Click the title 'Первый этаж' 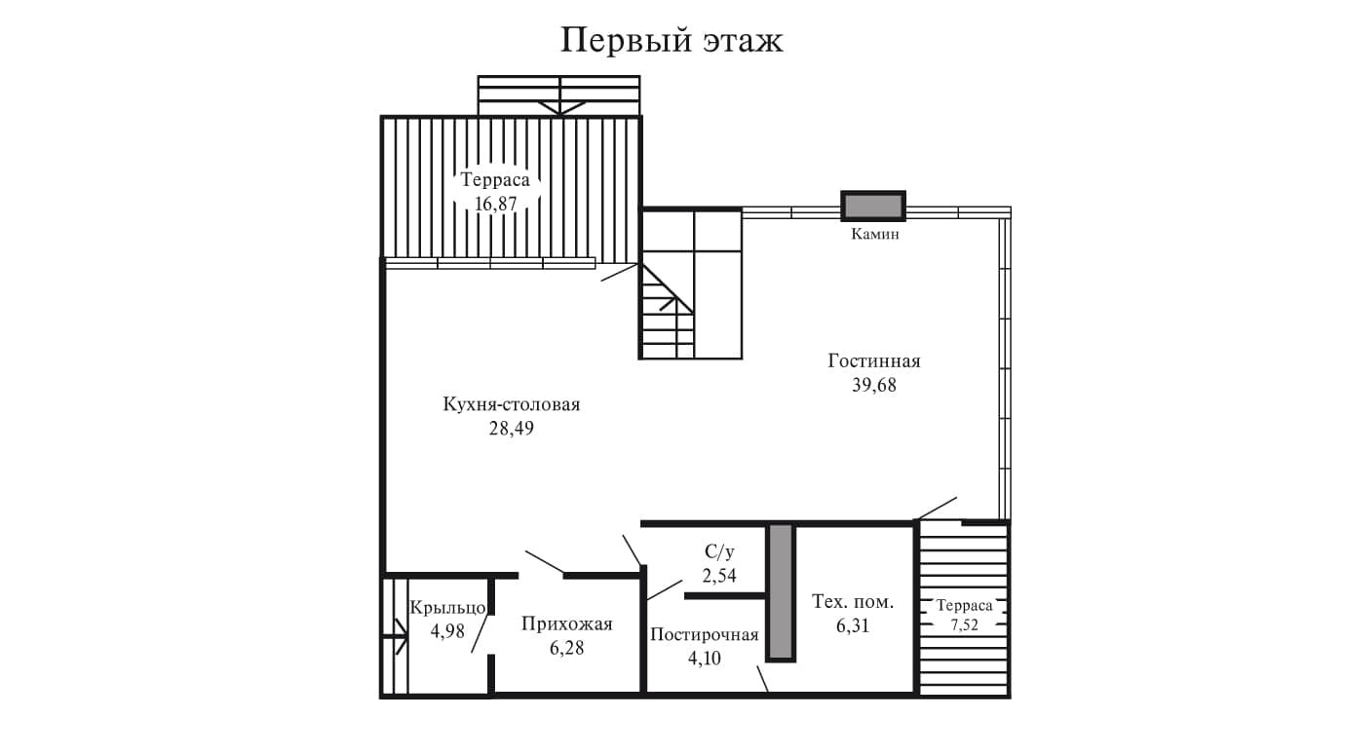click(672, 41)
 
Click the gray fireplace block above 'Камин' click(873, 207)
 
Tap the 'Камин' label click(874, 235)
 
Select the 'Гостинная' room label click(874, 361)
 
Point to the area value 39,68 click(874, 385)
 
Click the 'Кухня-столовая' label click(511, 404)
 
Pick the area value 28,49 click(511, 429)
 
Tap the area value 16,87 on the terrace click(495, 204)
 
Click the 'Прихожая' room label click(566, 624)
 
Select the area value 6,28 click(566, 648)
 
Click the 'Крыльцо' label click(447, 607)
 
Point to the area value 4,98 click(447, 630)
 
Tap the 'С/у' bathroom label click(719, 551)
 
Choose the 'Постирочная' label click(704, 635)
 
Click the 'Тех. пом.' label click(853, 602)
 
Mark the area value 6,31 click(853, 626)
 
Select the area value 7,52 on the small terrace click(965, 624)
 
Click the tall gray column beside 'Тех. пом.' click(781, 592)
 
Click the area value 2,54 click(719, 575)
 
